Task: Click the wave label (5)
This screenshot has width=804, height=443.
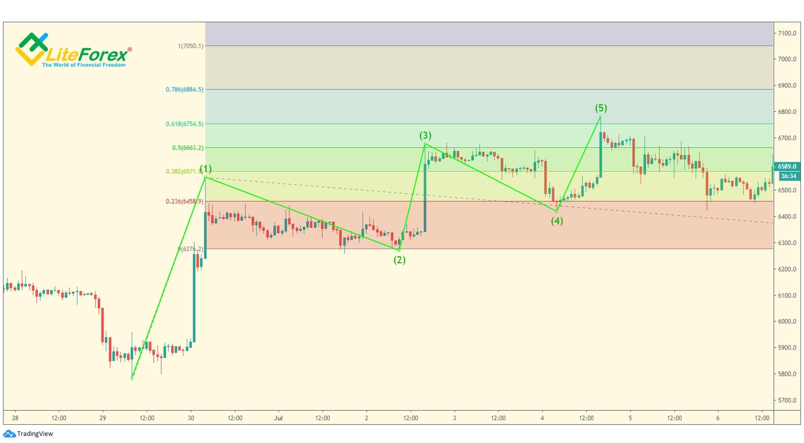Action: [600, 108]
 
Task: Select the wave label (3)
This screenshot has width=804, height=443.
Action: [425, 135]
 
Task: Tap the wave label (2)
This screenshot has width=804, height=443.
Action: [399, 260]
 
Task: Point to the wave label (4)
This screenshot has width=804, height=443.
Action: [557, 221]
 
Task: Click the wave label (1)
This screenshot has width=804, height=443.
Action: [205, 169]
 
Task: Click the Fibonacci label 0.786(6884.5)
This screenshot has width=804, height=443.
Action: [184, 89]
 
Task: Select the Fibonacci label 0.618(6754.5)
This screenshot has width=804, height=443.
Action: [184, 124]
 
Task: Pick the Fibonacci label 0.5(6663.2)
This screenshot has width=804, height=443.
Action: [188, 148]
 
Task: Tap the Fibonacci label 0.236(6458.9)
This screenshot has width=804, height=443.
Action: [184, 202]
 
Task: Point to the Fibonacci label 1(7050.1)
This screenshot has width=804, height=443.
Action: [191, 46]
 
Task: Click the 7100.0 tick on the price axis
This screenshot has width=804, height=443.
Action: [787, 33]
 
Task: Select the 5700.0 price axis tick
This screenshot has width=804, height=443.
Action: [787, 400]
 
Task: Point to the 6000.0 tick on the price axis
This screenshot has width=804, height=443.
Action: [787, 321]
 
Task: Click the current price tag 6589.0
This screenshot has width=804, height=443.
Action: [787, 167]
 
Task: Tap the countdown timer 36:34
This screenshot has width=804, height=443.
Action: [788, 176]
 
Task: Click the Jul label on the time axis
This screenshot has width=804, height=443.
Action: [278, 418]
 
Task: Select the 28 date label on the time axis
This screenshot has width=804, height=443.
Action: [15, 418]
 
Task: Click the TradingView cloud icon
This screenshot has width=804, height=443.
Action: [9, 434]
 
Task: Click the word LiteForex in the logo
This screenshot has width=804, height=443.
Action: [87, 54]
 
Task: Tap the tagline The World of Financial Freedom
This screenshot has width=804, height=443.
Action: [84, 65]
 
